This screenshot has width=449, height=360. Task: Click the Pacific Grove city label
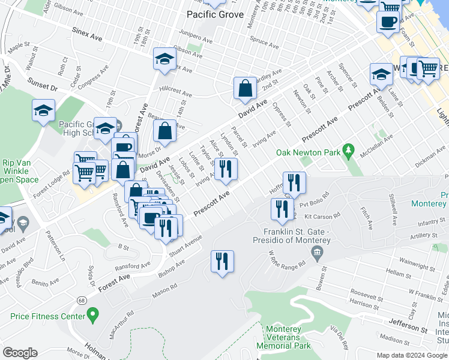(x=215, y=14)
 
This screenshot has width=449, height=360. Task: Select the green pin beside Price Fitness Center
(x=92, y=314)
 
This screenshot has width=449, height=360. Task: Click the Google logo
(x=20, y=353)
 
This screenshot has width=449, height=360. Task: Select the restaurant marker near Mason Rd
(x=222, y=262)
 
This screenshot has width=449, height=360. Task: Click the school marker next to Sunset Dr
(x=43, y=110)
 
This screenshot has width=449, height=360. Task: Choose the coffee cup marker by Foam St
(x=387, y=22)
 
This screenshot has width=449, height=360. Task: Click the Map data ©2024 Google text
(x=411, y=355)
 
